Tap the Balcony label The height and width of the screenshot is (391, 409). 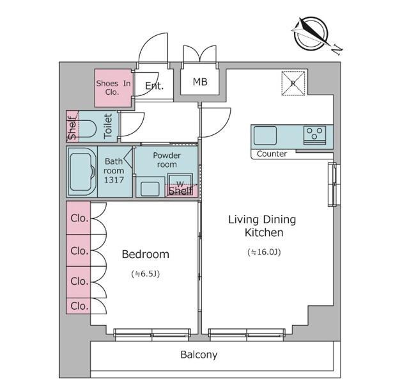pos(199,355)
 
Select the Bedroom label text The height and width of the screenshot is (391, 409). pos(146,254)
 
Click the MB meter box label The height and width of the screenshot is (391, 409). pos(200,82)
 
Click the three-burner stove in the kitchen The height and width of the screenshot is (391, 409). pos(314,135)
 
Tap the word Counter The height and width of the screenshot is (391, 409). pos(272,154)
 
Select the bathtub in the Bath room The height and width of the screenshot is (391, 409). pos(82,172)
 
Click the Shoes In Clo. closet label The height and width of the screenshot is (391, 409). pos(113,88)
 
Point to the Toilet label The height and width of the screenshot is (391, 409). pos(108,126)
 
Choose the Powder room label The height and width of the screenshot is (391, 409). pos(167,160)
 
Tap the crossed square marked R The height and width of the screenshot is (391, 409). pos(293,83)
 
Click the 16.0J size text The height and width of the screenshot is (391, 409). pos(264,252)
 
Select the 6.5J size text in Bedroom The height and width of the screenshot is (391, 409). pos(146,274)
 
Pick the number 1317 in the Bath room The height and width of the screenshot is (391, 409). pos(114,180)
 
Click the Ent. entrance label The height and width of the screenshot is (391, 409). pos(154,85)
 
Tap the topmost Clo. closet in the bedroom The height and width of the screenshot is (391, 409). pos(79,218)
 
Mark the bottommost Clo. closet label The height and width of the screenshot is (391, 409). pos(79,306)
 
